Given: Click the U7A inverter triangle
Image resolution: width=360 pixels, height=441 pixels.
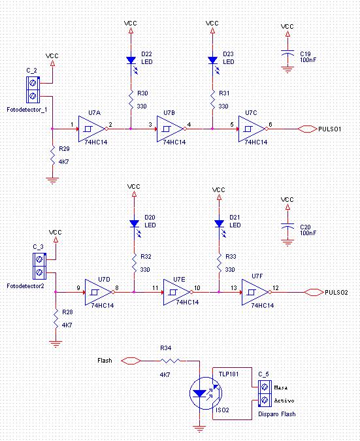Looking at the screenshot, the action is (x=91, y=129).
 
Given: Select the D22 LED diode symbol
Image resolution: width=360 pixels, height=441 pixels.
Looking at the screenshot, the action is (x=131, y=60).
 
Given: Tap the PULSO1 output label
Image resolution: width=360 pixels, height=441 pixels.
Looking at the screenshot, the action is (x=330, y=129).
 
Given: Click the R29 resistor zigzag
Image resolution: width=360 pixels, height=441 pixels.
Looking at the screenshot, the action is (x=52, y=155).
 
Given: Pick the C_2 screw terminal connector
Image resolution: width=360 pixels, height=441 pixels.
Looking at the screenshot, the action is (x=33, y=90).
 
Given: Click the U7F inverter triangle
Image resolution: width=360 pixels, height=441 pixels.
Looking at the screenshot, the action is (x=255, y=292).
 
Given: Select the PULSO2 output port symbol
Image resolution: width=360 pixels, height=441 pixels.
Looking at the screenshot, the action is (x=314, y=293).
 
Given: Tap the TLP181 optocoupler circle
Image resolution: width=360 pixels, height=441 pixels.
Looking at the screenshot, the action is (x=206, y=393).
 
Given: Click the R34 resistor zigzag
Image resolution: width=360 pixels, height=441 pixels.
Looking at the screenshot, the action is (x=170, y=361).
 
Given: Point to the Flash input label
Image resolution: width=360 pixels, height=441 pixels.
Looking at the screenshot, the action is (x=105, y=361).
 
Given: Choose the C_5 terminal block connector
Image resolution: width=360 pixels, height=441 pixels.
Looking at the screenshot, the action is (x=265, y=394).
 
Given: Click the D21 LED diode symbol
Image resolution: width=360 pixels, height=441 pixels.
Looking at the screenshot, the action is (x=219, y=223).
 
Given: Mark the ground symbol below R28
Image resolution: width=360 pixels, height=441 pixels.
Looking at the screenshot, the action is (x=56, y=344).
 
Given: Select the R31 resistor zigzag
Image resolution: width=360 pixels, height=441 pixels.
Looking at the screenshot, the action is (x=212, y=99).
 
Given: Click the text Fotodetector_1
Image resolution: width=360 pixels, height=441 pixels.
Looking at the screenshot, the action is (x=27, y=110).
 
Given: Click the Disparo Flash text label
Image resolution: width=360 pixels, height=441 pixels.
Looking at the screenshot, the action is (x=277, y=414).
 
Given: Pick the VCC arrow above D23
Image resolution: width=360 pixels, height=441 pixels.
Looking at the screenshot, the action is (x=212, y=31).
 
